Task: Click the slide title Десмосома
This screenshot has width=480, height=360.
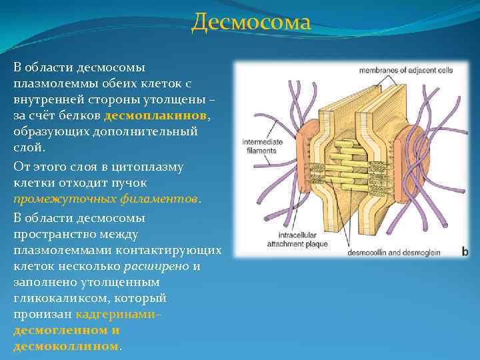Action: (x=251, y=23)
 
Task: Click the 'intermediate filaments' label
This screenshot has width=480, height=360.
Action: (x=261, y=147)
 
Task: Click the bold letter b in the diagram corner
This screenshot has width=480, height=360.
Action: (x=465, y=251)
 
